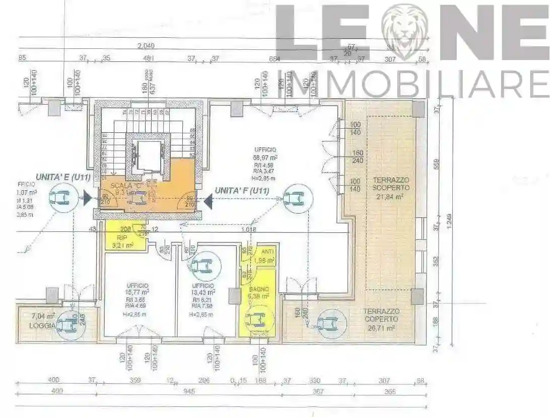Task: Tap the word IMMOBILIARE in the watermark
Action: coord(413,84)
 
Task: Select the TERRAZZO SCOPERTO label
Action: coord(391,184)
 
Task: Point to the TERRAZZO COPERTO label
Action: coord(381,315)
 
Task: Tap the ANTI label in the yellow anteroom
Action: coord(267,252)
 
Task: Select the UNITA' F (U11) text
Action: coord(242,191)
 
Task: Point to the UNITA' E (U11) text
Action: coord(55,177)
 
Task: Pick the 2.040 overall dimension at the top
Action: coord(146,46)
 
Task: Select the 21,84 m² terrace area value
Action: coord(391,197)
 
